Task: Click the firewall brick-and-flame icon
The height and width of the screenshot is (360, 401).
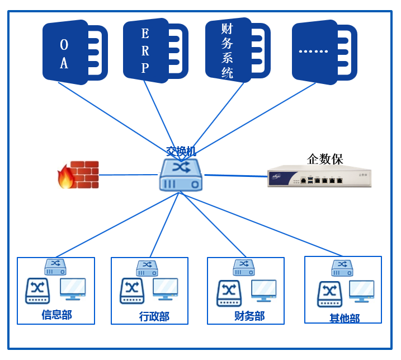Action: (x=78, y=175)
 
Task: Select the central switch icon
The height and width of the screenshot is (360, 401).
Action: (x=180, y=174)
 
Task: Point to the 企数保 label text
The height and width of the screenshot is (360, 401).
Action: (x=325, y=158)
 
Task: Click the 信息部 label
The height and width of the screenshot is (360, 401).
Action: (x=56, y=315)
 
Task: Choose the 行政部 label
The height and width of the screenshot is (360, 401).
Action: (x=154, y=317)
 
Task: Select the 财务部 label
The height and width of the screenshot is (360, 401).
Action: (x=249, y=316)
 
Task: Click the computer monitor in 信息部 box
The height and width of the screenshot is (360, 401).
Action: (x=73, y=289)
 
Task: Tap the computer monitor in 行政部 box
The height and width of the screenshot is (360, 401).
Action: (x=165, y=289)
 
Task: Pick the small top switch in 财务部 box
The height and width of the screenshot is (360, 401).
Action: (x=243, y=267)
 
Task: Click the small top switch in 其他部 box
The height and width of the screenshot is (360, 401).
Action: (x=342, y=268)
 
